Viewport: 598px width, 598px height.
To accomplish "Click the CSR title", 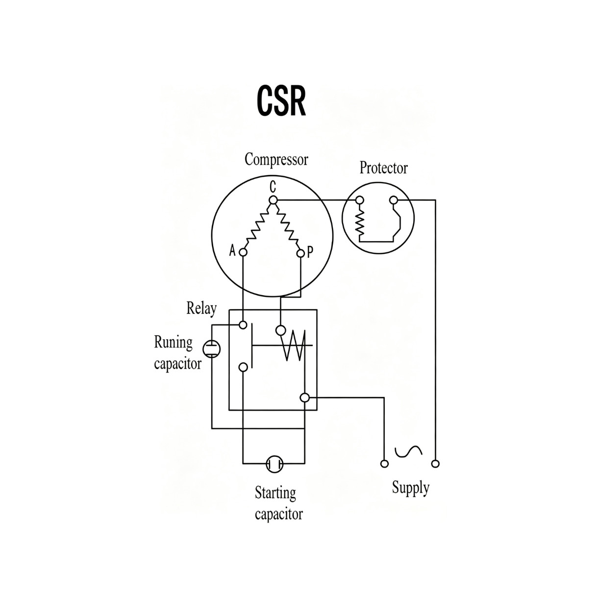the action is click(281, 101).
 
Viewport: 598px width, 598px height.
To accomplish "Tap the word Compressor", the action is click(276, 159).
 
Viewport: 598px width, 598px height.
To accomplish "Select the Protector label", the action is click(383, 168).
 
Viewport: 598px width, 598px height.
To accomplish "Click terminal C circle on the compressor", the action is click(273, 200).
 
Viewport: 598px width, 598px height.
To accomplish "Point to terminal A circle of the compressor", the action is click(243, 252).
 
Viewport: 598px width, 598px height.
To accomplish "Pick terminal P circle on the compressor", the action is click(300, 253).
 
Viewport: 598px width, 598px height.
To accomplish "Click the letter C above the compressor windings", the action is click(273, 187).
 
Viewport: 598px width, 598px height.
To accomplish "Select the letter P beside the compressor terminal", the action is click(310, 252).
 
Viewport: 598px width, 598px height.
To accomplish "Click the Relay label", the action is click(201, 309).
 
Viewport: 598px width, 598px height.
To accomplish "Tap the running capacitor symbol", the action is click(212, 349).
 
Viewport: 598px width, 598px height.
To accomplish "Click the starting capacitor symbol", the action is click(274, 464).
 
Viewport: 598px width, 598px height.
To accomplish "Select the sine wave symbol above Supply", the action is click(408, 451).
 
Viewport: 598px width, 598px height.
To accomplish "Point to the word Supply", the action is click(411, 488).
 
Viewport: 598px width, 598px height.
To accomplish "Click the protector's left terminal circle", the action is click(359, 200).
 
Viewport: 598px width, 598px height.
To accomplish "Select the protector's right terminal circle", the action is click(394, 200).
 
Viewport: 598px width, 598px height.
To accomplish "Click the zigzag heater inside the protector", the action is click(360, 223).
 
